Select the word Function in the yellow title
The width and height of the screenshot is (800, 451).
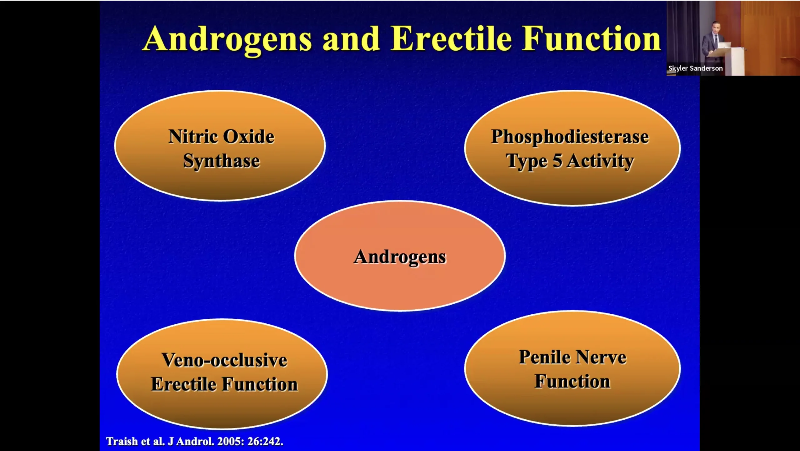592,38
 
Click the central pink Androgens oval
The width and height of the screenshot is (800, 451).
400,256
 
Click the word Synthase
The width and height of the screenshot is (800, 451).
221,161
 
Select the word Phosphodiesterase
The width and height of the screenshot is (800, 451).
570,137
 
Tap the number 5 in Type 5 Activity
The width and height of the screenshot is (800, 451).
557,161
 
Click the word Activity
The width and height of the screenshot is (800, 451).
600,162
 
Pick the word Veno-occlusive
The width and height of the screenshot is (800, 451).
224,360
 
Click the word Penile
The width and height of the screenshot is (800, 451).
544,357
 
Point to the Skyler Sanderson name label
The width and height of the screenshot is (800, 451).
695,68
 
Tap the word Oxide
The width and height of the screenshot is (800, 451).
249,136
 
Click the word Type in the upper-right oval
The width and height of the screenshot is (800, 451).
527,162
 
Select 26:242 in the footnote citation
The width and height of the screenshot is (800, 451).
265,441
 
